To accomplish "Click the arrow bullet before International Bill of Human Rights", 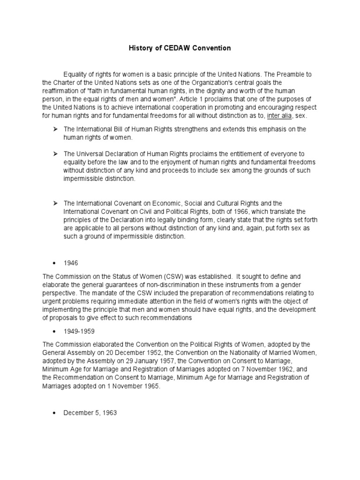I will point(55,129).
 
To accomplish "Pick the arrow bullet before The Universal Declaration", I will point(55,154).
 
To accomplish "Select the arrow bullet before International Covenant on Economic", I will point(55,203).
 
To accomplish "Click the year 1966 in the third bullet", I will point(213,211).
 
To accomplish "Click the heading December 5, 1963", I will point(90,413).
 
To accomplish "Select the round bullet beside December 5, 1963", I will point(55,413).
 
